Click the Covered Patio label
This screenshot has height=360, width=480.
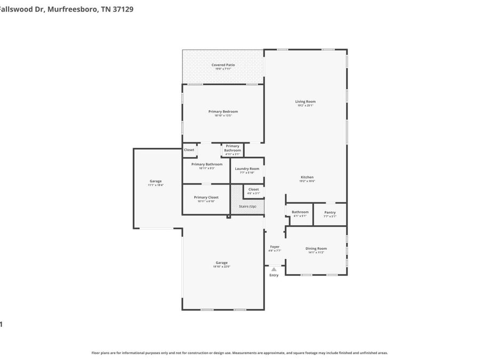(x=223, y=65)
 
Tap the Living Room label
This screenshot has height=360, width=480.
(x=306, y=101)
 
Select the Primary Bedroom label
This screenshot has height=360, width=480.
(x=223, y=111)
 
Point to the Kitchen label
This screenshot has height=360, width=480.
(x=307, y=177)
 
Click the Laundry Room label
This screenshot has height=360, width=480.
(x=247, y=169)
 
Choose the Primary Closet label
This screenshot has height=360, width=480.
(x=206, y=197)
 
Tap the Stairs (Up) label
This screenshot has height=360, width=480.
(x=247, y=206)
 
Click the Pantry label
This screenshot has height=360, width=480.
(x=330, y=212)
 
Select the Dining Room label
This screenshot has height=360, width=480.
(x=316, y=249)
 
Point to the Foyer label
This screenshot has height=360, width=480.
(x=275, y=246)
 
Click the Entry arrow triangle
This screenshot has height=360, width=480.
(x=274, y=269)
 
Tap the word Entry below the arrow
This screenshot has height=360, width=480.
(x=274, y=275)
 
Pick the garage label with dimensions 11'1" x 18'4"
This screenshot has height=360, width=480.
(x=156, y=181)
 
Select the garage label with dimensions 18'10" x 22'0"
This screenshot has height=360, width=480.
(x=221, y=262)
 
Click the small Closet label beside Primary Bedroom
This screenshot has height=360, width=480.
(x=189, y=150)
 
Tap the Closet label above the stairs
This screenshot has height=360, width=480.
(x=253, y=189)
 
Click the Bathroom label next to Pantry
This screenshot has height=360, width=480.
(x=300, y=212)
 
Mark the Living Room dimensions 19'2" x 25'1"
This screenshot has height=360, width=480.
(x=306, y=106)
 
